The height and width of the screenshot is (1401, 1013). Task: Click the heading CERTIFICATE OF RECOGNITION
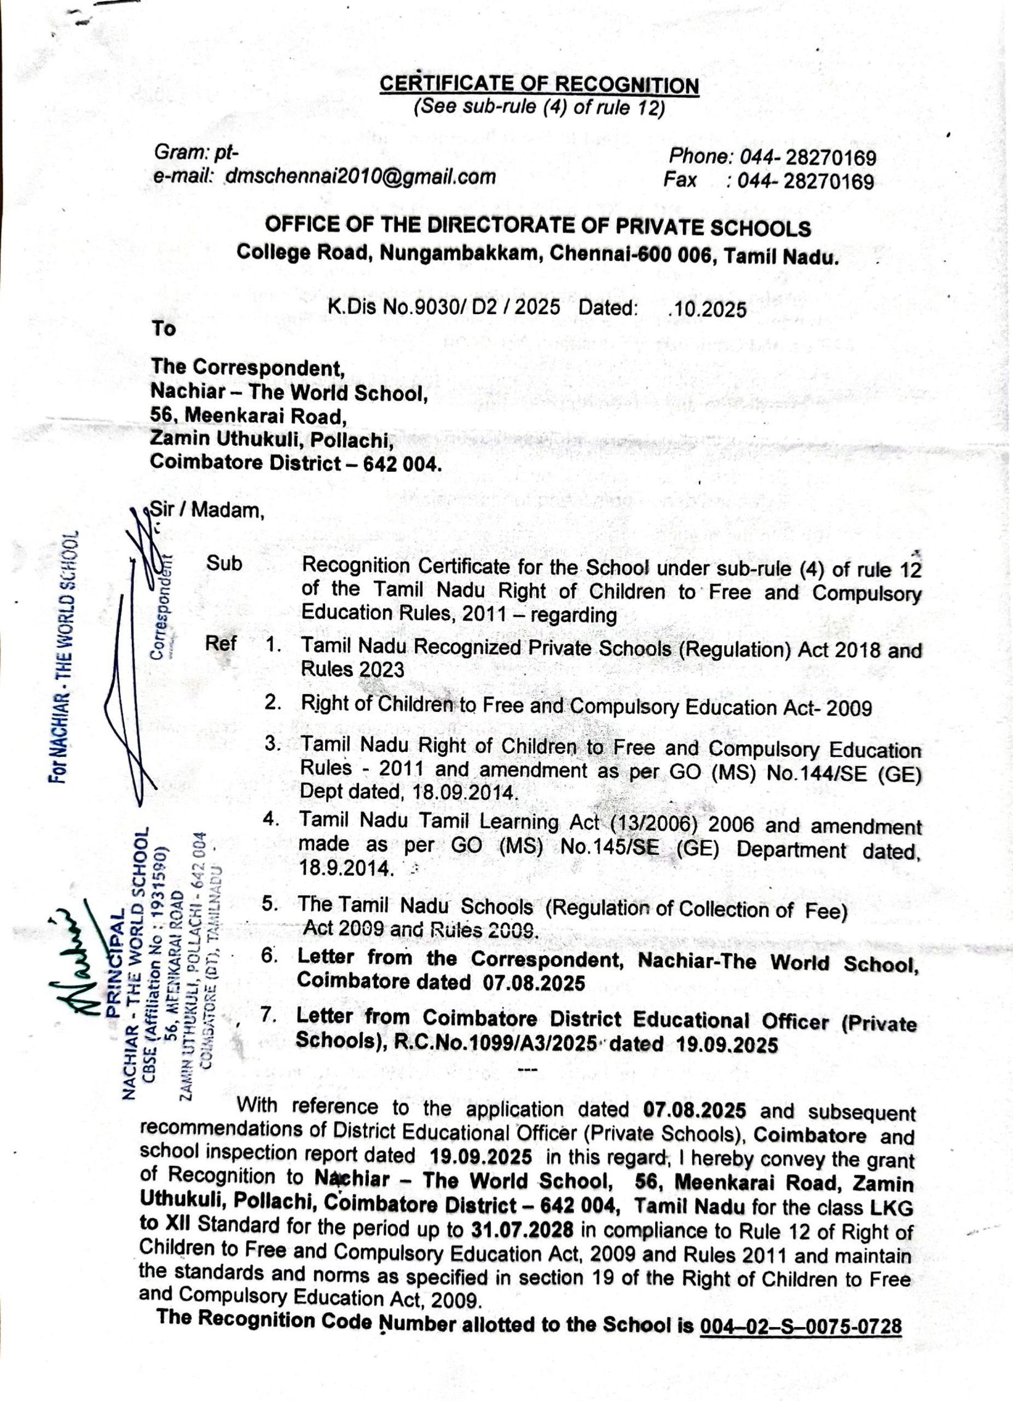(539, 85)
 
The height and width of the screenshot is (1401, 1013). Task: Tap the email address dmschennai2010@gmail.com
(361, 177)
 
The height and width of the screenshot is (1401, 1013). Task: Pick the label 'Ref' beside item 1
(221, 643)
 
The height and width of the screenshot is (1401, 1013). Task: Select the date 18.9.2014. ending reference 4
(345, 869)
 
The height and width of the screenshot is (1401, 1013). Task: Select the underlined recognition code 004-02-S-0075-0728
(801, 1326)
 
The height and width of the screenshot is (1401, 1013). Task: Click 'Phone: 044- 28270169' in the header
(772, 158)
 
